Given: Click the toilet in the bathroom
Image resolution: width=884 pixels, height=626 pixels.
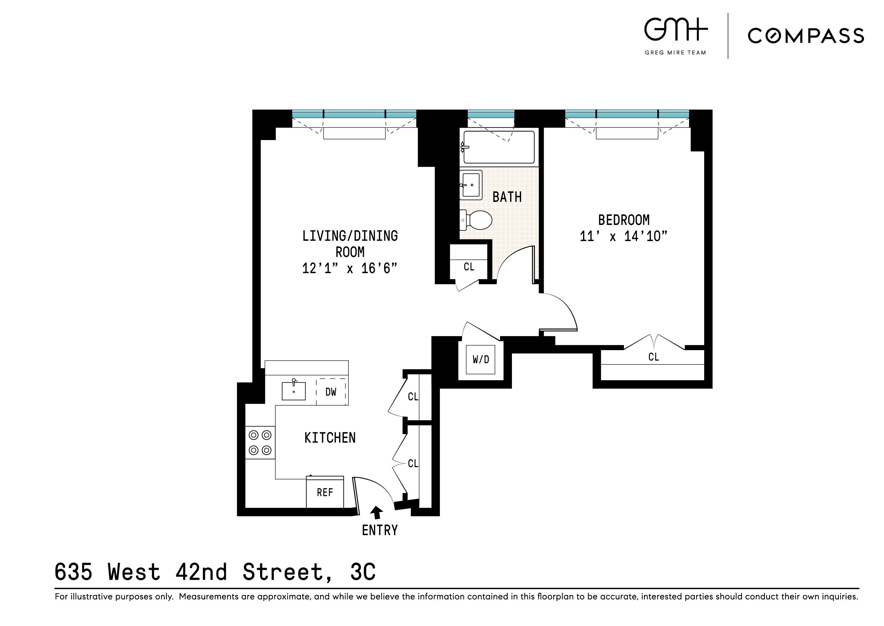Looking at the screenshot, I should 477,220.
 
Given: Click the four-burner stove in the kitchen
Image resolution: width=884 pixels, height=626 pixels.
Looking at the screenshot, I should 260,443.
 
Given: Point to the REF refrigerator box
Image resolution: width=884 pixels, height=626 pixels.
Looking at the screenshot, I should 325,493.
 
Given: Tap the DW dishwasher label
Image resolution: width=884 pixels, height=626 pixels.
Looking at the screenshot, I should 331,392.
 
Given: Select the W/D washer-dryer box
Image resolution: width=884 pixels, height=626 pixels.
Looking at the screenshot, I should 480,360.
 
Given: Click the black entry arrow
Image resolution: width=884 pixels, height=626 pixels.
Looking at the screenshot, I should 376,512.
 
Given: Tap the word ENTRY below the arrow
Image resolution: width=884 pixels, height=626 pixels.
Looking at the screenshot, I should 380,531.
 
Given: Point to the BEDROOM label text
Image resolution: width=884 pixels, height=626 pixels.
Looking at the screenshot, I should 624,220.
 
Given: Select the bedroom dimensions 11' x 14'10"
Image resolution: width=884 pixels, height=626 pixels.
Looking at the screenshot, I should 623,236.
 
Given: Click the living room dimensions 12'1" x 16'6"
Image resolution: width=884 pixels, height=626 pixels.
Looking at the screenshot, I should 349,268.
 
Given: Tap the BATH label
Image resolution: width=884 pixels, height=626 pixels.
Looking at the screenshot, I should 507,197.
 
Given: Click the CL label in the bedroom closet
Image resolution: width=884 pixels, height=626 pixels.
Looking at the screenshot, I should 653,357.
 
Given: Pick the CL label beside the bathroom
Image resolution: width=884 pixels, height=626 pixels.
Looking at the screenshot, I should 469,267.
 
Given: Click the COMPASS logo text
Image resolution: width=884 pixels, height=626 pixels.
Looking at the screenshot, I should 806,36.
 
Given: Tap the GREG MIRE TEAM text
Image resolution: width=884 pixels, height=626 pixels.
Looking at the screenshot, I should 675,53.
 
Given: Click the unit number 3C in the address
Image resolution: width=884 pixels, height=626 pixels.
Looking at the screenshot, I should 363,572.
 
